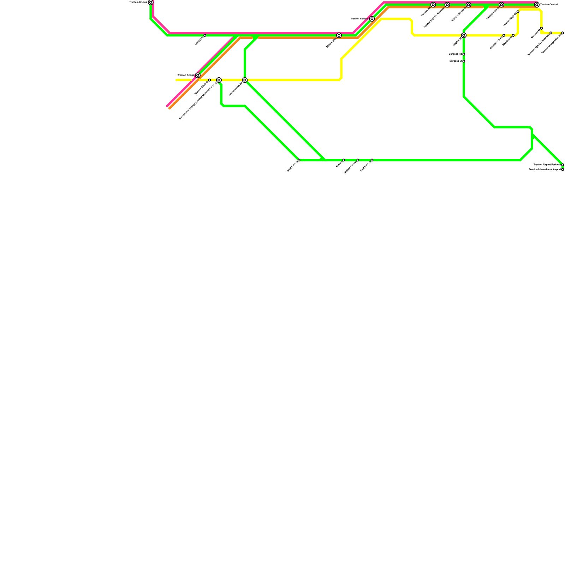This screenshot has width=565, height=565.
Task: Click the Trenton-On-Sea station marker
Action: (151, 2)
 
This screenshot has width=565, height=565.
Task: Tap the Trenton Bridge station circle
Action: (198, 75)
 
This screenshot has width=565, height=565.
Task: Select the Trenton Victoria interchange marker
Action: (372, 19)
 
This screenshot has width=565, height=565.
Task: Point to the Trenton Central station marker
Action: (537, 5)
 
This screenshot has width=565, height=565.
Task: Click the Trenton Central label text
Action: (549, 5)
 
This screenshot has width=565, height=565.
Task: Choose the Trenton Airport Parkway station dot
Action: (563, 165)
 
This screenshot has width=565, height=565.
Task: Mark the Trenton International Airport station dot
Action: (563, 169)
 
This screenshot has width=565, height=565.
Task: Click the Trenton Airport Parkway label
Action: (547, 165)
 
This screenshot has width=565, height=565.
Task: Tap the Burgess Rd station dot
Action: (464, 54)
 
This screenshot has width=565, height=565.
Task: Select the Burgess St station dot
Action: (464, 61)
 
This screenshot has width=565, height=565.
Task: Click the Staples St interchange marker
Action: (464, 35)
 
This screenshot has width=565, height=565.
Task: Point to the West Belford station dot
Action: (299, 160)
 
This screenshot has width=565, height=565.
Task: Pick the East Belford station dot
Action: (372, 160)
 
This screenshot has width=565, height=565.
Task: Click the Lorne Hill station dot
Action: (205, 35)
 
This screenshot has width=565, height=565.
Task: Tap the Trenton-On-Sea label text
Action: (138, 2)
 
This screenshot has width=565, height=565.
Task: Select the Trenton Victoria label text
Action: (359, 19)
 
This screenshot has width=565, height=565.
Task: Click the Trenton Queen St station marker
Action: (468, 5)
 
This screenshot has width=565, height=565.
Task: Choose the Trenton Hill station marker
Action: (433, 5)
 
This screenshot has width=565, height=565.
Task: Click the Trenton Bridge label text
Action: (186, 75)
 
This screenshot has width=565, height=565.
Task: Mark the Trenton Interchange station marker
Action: (219, 80)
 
